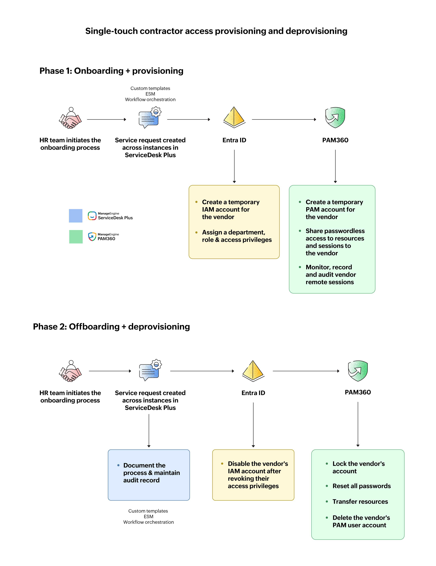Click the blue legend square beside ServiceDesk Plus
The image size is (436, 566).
tap(75, 216)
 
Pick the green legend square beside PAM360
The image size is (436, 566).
tap(76, 237)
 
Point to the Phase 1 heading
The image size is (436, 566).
tap(111, 71)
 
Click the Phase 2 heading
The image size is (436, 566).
tap(111, 327)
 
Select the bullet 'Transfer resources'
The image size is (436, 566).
tap(360, 502)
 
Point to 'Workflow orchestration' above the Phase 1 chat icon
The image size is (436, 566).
tap(150, 99)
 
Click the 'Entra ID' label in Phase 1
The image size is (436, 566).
tap(234, 140)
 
